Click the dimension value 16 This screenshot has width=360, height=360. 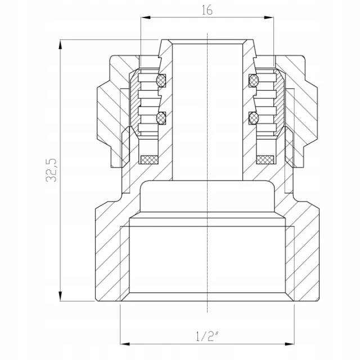[x=207, y=10]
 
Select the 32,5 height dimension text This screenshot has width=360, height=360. [x=51, y=170]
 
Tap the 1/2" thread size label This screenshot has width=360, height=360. [x=207, y=336]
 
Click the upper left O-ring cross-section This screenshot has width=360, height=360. [x=161, y=80]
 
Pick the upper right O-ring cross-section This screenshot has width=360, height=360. [x=254, y=80]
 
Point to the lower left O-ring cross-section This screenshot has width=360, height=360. [x=161, y=118]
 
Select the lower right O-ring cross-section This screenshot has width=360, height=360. [x=254, y=119]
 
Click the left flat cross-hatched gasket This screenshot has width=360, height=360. [x=149, y=160]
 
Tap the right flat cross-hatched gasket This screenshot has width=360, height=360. [x=265, y=160]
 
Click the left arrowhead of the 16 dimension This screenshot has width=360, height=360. [x=146, y=17]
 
